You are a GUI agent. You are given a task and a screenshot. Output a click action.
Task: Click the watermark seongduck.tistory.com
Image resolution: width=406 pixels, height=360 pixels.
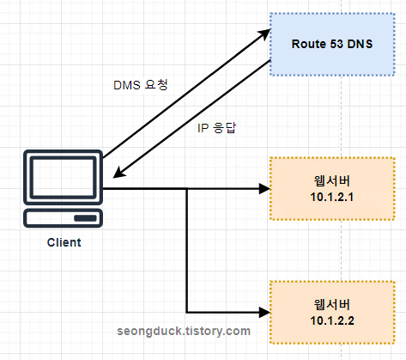point(184,330)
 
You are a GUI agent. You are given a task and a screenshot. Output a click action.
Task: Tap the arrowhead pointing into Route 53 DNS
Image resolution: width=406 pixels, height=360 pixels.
point(264,34)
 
